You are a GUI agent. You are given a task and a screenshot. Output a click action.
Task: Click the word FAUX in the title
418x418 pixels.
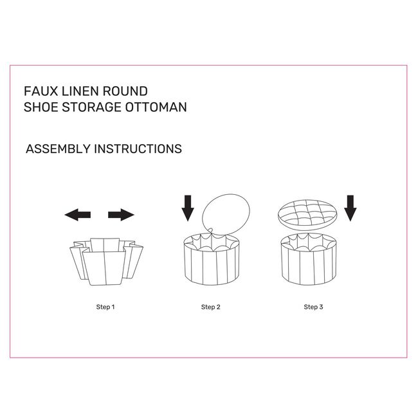41,91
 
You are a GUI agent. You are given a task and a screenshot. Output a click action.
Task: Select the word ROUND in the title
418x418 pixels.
125,91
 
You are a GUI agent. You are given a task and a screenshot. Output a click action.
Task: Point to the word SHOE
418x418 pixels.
41,107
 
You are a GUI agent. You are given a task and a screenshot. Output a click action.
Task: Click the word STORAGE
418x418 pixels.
91,107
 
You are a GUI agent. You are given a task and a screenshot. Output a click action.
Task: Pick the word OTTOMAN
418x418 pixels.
156,107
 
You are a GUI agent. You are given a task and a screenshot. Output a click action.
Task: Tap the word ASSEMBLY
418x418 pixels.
58,149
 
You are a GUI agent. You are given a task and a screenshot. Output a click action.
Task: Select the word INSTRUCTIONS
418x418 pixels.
138,149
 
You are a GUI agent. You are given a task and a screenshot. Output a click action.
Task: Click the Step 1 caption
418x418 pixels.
105,307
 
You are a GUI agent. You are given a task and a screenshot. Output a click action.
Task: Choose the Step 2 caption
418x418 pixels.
210,307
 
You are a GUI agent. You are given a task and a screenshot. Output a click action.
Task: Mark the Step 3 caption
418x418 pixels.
313,307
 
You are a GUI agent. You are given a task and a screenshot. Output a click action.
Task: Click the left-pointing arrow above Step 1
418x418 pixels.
78,215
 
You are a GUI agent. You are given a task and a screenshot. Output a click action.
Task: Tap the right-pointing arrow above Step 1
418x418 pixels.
121,215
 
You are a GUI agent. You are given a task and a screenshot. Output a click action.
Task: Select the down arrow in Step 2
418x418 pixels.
188,208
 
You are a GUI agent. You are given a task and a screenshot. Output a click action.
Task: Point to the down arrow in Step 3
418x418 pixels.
350,208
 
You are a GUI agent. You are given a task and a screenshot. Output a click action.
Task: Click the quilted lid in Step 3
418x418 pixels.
307,215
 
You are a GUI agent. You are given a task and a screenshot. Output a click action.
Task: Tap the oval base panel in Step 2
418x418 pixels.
226,214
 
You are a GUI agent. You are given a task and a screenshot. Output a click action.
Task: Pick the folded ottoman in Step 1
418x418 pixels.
106,262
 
